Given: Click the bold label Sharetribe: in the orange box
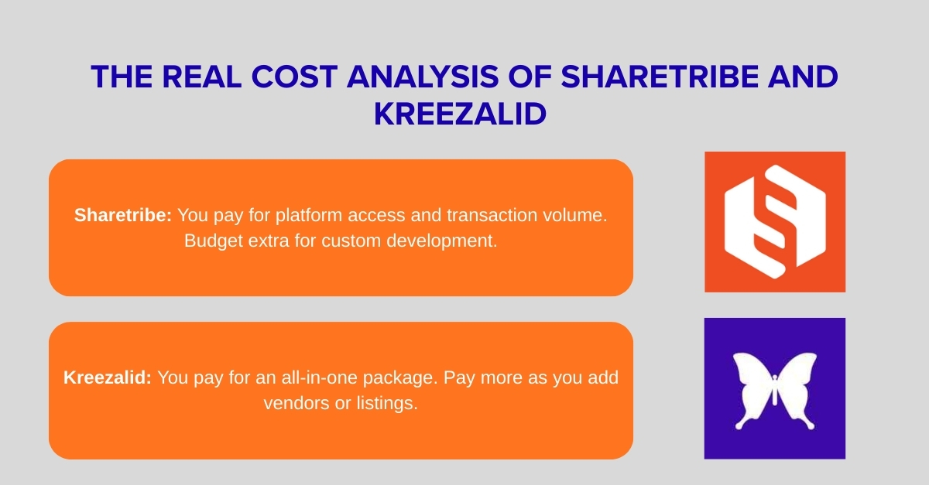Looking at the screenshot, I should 123,216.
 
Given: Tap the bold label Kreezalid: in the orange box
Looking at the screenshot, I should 108,378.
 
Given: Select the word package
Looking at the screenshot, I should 404,378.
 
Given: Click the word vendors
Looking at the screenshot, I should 291,403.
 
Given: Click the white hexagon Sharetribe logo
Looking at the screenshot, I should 774,221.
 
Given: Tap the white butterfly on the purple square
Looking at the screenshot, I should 774,390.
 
